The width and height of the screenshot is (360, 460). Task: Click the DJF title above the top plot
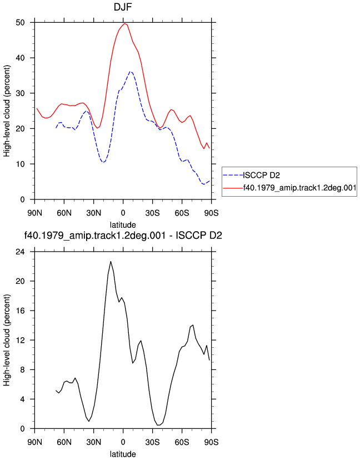point(123,7)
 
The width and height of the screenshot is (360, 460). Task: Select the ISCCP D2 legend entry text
point(262,176)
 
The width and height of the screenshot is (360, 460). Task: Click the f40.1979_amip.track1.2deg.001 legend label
point(299,188)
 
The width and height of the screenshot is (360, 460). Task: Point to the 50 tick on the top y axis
point(20,23)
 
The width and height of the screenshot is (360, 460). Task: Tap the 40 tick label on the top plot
point(20,58)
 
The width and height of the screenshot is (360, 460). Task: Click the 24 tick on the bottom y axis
point(20,252)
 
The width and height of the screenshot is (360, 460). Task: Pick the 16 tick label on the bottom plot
point(20,311)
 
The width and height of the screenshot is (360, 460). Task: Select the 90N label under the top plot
point(34,213)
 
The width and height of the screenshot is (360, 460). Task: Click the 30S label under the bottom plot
point(153,442)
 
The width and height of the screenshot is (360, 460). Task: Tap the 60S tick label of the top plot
point(182,213)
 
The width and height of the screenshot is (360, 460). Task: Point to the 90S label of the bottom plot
point(211,442)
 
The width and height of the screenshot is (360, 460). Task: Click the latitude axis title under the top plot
point(123,225)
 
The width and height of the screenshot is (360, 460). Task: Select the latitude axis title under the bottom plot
point(123,454)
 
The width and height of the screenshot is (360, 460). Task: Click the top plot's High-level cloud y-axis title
point(7,111)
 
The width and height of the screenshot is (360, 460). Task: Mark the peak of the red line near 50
point(124,23)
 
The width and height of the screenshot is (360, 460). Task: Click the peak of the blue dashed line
point(131,71)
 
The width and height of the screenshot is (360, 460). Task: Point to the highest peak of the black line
point(111,261)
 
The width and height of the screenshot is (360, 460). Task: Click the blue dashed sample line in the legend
point(233,176)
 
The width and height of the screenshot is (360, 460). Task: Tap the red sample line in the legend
point(233,188)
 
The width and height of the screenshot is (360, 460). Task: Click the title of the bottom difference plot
point(123,236)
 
